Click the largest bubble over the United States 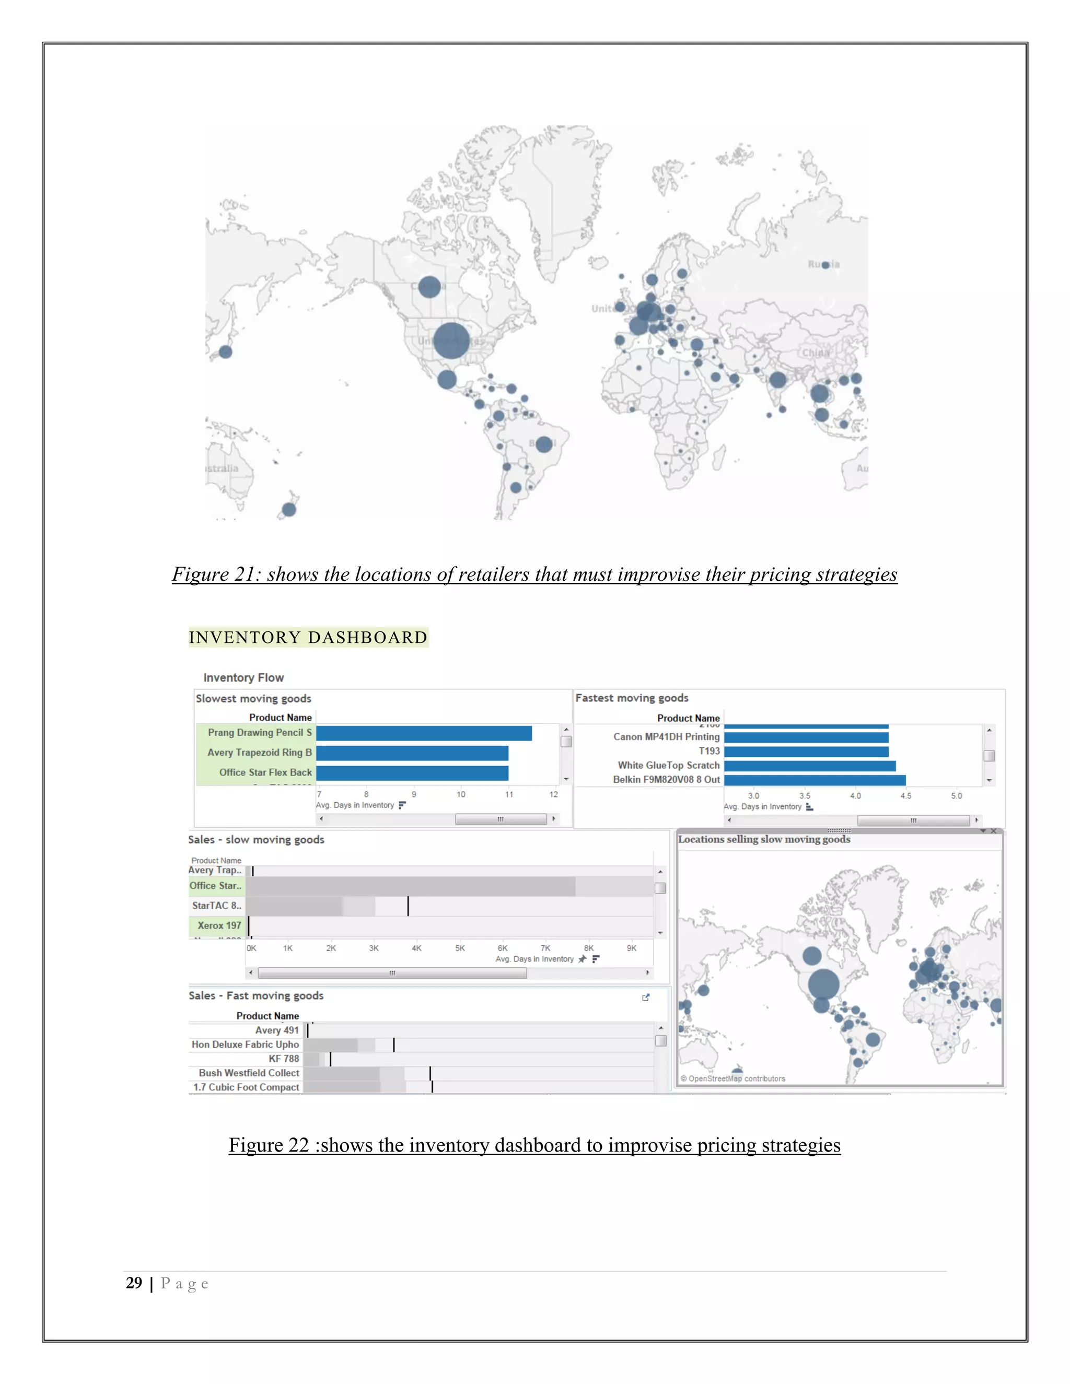coord(451,341)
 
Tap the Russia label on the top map coord(823,264)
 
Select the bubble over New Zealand coord(289,509)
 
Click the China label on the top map coord(815,353)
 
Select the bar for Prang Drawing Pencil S coord(423,733)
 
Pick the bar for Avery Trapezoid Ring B coord(412,753)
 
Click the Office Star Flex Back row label coord(265,772)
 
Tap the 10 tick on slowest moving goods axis coord(461,794)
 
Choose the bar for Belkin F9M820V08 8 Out coord(815,780)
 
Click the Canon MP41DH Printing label coord(666,737)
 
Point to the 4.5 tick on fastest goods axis coord(906,796)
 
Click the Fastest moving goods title coord(631,698)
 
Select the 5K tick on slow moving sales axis coord(460,948)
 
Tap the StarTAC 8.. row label coord(216,906)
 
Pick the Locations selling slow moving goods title coord(764,839)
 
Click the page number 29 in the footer coord(134,1283)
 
